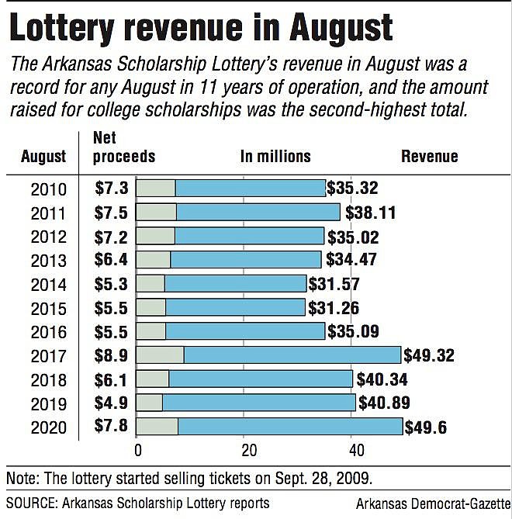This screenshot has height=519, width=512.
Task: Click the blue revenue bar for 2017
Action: click(x=292, y=355)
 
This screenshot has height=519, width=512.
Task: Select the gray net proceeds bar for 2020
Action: click(x=157, y=427)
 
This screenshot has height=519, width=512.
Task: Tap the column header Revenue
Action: click(x=429, y=157)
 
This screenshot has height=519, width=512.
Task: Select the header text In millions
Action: click(x=275, y=157)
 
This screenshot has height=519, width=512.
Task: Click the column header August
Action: click(x=43, y=157)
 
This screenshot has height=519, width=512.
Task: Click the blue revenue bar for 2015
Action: click(x=235, y=307)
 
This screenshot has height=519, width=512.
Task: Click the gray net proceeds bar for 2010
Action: click(x=156, y=188)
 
